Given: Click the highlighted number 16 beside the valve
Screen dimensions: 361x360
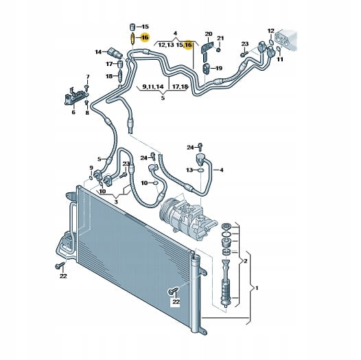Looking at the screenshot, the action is click(145, 37).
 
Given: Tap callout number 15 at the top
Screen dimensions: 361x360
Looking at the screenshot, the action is click(145, 27).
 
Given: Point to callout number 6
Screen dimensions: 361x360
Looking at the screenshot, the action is click(73, 113).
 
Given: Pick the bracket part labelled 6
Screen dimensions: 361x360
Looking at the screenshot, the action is click(75, 97).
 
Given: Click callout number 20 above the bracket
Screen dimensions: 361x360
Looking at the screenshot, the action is click(209, 34).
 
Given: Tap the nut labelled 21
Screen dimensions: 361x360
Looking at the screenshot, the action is click(219, 49).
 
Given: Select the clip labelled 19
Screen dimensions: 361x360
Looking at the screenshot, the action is click(206, 68).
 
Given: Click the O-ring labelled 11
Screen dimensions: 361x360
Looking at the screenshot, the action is click(279, 49).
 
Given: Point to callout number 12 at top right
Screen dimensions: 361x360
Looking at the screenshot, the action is click(271, 31).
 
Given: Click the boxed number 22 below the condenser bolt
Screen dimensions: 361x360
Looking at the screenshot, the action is click(176, 302).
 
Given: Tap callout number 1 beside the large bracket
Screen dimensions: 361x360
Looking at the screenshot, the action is click(257, 288).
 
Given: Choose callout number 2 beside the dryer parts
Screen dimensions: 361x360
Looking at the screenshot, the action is click(246, 261).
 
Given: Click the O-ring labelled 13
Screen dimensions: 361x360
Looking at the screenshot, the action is click(200, 170).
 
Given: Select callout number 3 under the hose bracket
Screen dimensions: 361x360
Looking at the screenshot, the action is click(116, 202).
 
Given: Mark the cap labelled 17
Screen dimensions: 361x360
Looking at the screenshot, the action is click(120, 64).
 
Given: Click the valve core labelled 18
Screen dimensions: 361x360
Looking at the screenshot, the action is click(120, 77).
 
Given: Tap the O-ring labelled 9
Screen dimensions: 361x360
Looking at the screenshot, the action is click(91, 178).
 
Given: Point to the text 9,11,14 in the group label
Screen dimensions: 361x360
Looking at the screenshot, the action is click(153, 87).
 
